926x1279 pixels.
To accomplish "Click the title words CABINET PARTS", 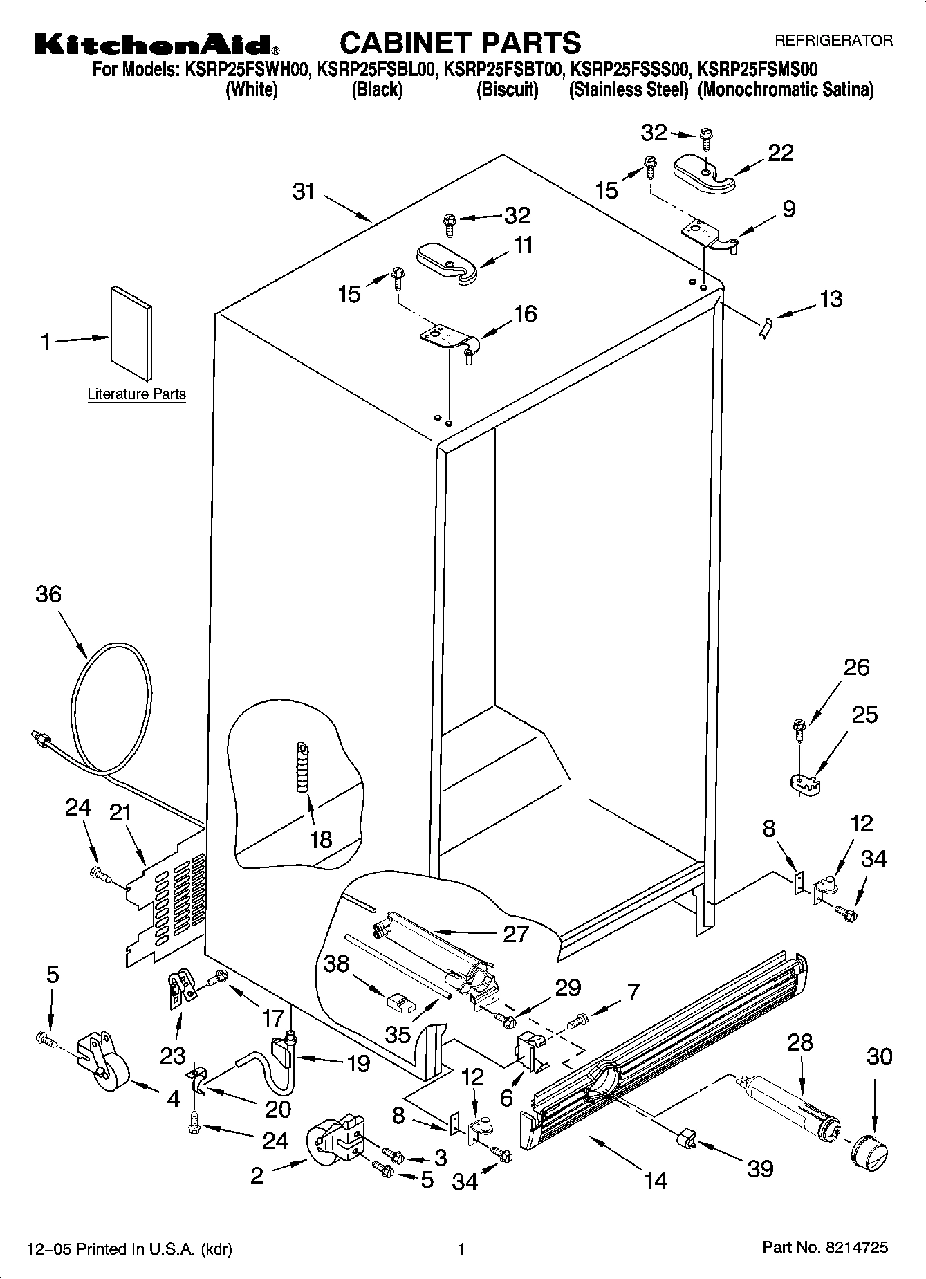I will [460, 43].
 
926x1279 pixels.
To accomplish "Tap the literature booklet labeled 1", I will [130, 333].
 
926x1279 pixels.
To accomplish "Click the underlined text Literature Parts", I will [136, 394].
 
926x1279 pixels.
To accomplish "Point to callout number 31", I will [304, 192].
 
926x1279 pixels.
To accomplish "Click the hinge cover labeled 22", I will [703, 173].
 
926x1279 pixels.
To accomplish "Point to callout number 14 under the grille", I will [655, 1179].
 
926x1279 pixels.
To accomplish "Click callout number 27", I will [516, 934].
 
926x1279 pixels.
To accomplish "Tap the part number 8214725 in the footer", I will [856, 1249].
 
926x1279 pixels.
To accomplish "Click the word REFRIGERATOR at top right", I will [833, 41].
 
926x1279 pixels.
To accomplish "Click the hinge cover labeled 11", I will [447, 262].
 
